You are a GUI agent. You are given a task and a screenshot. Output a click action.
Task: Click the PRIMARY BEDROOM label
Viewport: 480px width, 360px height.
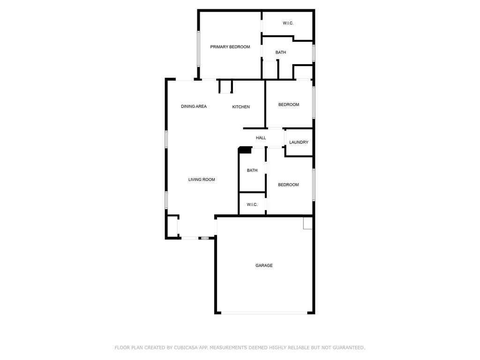point(230,47)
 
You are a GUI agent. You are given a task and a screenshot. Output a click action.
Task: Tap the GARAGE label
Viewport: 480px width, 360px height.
point(264,265)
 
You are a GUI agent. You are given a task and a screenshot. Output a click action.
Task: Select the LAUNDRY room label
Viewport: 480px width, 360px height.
point(299,142)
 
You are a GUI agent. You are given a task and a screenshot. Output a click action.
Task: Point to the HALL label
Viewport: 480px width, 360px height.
point(261,138)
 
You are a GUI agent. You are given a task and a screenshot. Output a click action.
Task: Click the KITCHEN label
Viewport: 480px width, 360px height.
point(241,107)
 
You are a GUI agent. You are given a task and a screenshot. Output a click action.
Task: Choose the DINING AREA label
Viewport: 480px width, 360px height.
point(194,106)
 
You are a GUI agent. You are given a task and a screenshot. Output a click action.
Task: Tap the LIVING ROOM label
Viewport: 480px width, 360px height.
point(202,180)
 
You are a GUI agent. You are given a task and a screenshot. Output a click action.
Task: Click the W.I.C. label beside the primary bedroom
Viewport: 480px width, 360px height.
point(288,23)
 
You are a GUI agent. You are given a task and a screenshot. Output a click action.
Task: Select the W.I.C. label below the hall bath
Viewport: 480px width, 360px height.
point(252,204)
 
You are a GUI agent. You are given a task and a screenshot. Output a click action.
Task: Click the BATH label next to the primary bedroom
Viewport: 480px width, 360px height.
point(281,52)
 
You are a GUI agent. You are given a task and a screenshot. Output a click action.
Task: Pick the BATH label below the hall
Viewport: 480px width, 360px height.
point(252,170)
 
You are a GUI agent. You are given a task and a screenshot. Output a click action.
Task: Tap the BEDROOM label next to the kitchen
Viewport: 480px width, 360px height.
point(289,105)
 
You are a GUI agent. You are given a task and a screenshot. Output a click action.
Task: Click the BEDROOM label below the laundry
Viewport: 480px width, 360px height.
point(288,185)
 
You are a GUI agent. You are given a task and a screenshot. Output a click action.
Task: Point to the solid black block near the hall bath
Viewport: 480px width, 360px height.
point(245,150)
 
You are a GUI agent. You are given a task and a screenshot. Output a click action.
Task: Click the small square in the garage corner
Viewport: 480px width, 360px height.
point(307,223)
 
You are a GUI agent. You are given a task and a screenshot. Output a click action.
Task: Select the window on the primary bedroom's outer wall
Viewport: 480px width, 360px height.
point(198,48)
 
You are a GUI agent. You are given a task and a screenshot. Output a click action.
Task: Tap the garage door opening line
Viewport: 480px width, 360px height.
point(264,313)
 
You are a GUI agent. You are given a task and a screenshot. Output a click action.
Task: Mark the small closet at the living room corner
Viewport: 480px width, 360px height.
point(172,227)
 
